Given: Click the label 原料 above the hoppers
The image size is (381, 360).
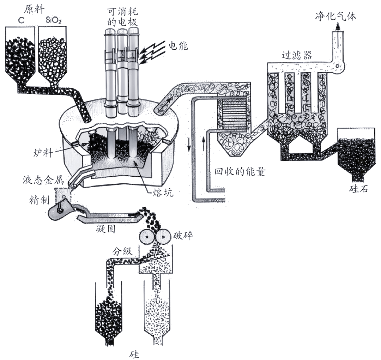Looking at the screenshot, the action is pyautogui.click(x=34, y=9).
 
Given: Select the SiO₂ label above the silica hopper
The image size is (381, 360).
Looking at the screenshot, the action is pyautogui.click(x=54, y=20).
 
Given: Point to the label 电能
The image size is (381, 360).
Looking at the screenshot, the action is pyautogui.click(x=179, y=45).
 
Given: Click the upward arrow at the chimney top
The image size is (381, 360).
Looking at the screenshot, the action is pyautogui.click(x=338, y=27).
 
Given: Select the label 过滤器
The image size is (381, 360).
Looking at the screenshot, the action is pyautogui.click(x=297, y=55).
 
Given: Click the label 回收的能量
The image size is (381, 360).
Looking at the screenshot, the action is pyautogui.click(x=240, y=171).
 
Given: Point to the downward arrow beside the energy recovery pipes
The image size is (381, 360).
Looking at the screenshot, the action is pyautogui.click(x=189, y=145).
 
